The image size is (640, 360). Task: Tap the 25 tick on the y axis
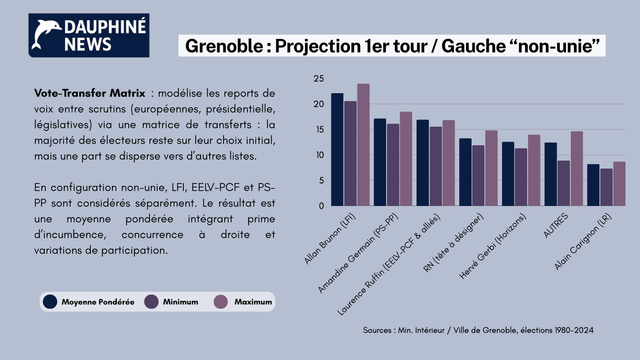point(318,79)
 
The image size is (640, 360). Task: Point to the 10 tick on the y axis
point(318,155)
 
